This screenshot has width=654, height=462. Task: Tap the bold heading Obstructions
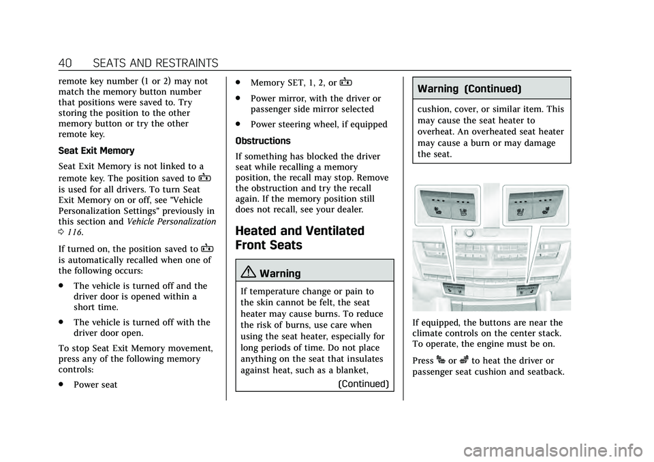click(263, 140)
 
